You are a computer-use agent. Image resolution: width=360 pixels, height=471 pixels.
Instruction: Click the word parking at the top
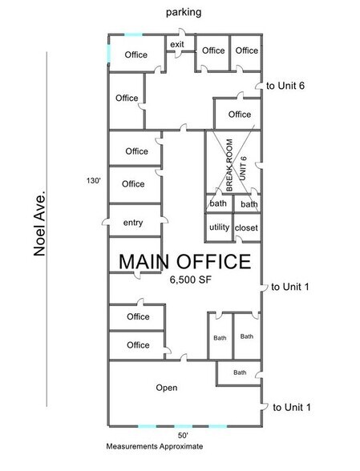pyautogui.click(x=184, y=13)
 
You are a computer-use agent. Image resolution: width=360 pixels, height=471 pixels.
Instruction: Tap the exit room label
pyautogui.click(x=176, y=45)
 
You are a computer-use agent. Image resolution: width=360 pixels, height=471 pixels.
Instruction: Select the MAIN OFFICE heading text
pyautogui.click(x=185, y=262)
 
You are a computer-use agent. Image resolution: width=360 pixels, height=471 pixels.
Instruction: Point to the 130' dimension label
pyautogui.click(x=93, y=180)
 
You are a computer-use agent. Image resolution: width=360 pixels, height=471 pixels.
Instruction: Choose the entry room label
pyautogui.click(x=134, y=223)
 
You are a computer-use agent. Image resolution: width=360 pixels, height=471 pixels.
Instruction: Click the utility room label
pyautogui.click(x=219, y=228)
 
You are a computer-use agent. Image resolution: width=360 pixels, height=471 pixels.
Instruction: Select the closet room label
pyautogui.click(x=247, y=228)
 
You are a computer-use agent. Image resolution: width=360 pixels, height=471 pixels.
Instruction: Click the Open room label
pyautogui.click(x=166, y=388)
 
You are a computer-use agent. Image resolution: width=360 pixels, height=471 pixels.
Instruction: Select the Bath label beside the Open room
pyautogui.click(x=240, y=372)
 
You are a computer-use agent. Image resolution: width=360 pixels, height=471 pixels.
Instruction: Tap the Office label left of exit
pyautogui.click(x=136, y=54)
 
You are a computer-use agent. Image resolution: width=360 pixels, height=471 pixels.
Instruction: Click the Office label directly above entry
pyautogui.click(x=134, y=183)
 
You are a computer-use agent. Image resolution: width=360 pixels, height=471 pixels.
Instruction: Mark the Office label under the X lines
pyautogui.click(x=240, y=115)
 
